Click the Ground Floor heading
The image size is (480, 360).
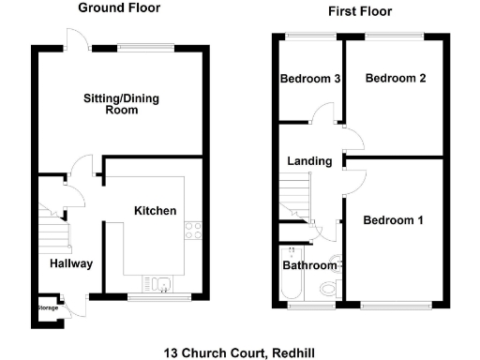(x=118, y=8)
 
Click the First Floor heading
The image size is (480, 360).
(x=359, y=11)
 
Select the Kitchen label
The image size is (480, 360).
(x=155, y=211)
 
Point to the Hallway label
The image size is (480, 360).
(x=71, y=263)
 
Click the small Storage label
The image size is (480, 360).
(x=47, y=307)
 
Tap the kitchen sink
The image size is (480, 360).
(x=155, y=283)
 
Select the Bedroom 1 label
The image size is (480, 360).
(x=394, y=220)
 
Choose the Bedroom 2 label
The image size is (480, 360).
(x=396, y=79)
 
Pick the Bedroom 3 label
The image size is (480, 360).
(x=309, y=79)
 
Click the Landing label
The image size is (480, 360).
(x=309, y=161)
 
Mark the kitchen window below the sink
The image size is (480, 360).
(x=155, y=298)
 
